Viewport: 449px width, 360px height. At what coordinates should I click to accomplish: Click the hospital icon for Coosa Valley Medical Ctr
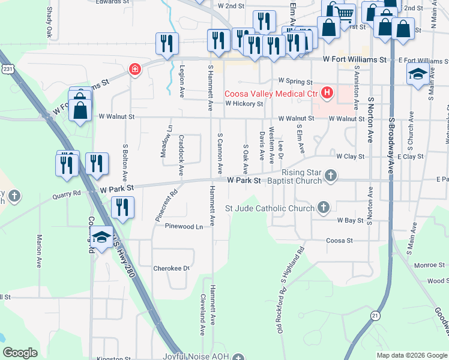point(327,93)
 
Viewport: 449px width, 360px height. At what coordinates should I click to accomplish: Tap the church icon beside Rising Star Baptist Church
point(330,175)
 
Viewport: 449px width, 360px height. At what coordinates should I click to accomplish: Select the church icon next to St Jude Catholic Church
point(324,208)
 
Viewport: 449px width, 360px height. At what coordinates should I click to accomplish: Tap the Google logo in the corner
point(20,353)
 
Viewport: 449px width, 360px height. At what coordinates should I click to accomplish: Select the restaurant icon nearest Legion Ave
point(166,43)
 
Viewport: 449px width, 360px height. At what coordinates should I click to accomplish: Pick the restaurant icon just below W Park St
point(122,208)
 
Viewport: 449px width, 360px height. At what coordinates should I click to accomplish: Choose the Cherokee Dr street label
point(171,268)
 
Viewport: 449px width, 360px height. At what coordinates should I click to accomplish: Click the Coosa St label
point(339,241)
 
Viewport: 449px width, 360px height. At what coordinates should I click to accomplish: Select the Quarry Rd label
point(66,194)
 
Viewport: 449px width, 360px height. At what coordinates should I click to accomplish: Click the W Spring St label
point(295,81)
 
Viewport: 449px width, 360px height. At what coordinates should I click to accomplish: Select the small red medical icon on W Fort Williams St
point(135,69)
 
